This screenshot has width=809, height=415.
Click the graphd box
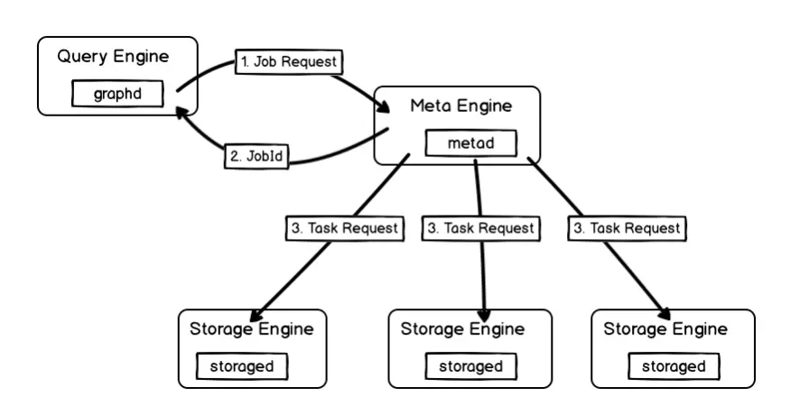pyautogui.click(x=117, y=94)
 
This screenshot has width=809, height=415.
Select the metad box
pyautogui.click(x=471, y=143)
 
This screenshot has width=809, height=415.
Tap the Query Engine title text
pyautogui.click(x=113, y=57)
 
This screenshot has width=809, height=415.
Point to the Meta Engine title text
pyautogui.click(x=460, y=106)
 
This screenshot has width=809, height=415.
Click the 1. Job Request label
pyautogui.click(x=289, y=62)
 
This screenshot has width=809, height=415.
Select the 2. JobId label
pyautogui.click(x=256, y=155)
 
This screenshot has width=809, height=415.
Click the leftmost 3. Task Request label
pyautogui.click(x=344, y=228)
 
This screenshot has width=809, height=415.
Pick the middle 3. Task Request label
pyautogui.click(x=479, y=228)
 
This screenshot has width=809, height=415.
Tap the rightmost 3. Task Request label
pyautogui.click(x=626, y=228)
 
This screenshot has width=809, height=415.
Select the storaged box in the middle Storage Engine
pyautogui.click(x=470, y=366)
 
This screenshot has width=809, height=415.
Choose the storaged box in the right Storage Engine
pyautogui.click(x=674, y=366)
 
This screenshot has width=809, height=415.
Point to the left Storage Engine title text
pyautogui.click(x=252, y=329)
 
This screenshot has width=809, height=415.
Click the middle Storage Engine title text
pyautogui.click(x=462, y=329)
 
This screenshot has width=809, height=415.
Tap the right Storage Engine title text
pyautogui.click(x=665, y=329)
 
